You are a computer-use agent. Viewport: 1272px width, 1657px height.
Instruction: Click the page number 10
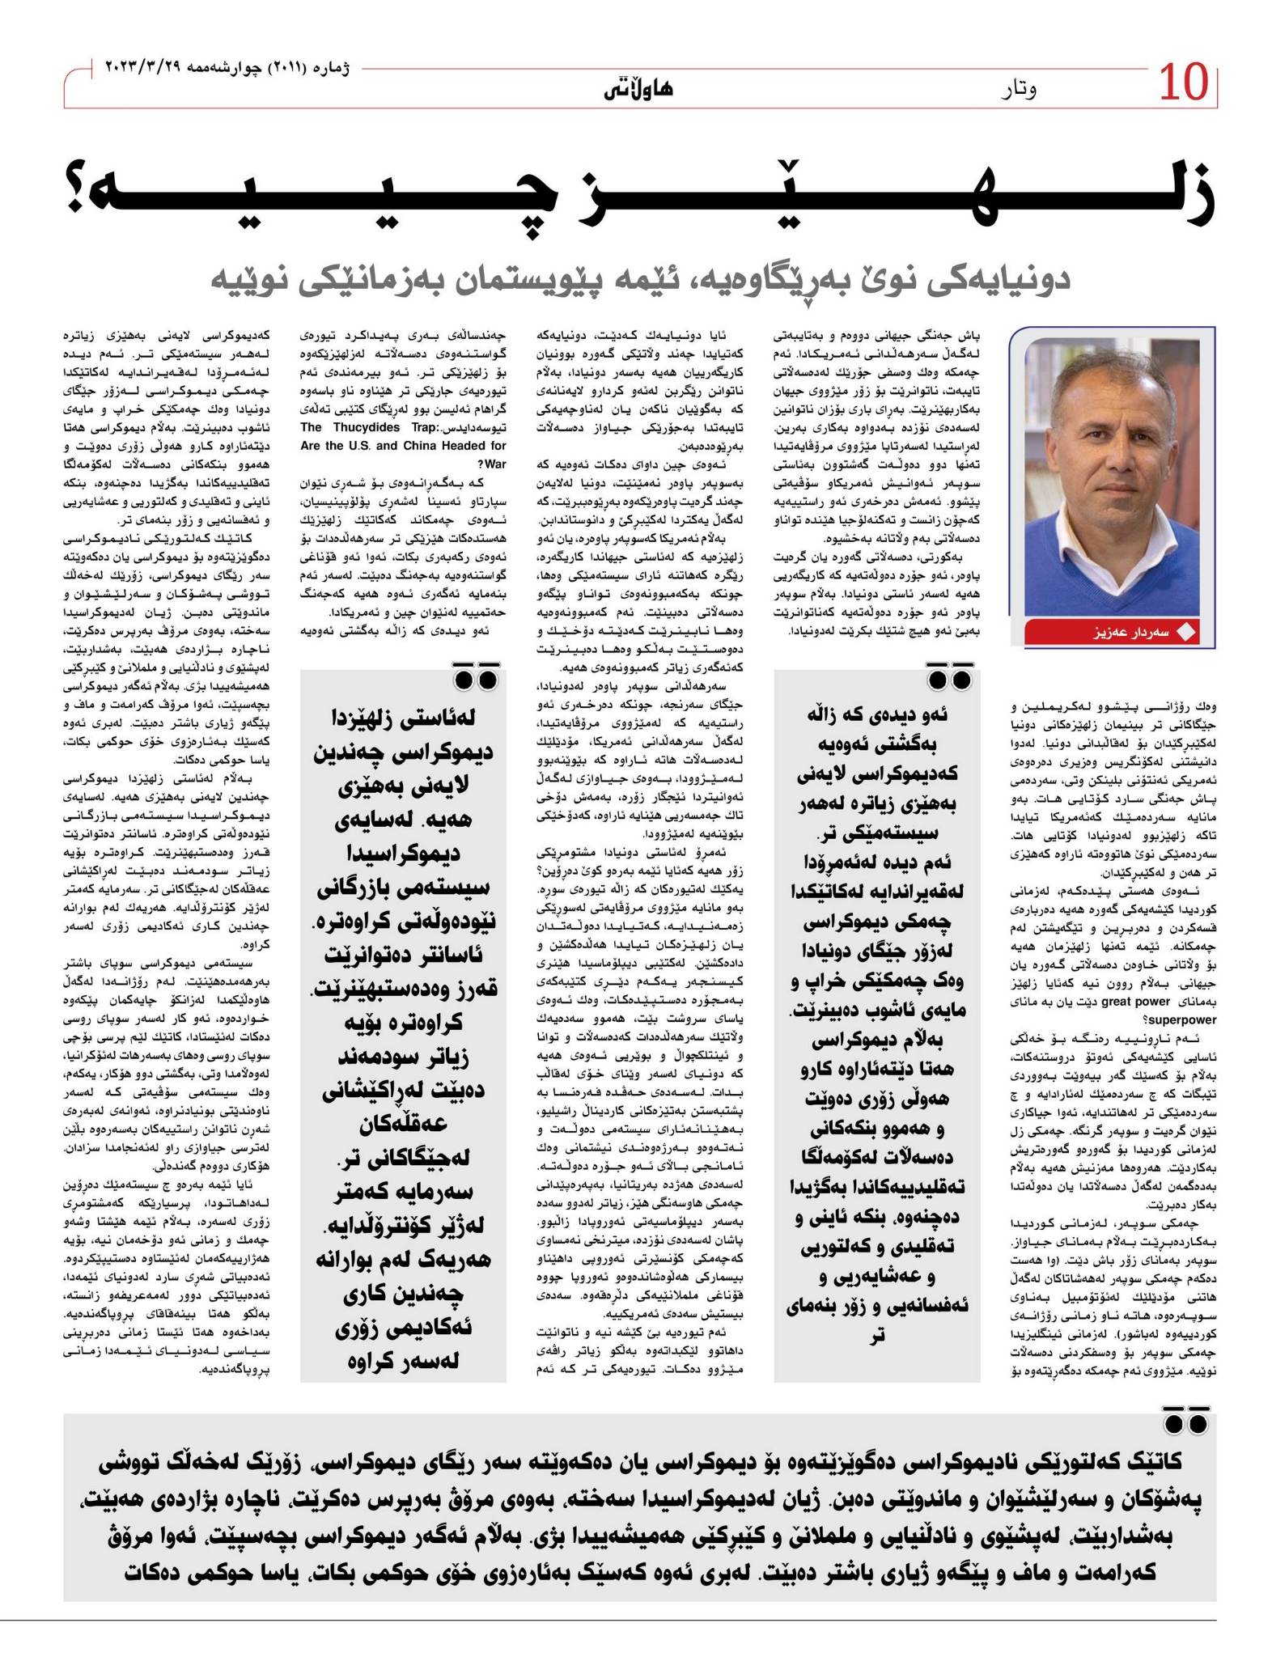(x=1184, y=83)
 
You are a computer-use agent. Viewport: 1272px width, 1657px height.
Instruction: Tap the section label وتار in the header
(x=1018, y=88)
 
